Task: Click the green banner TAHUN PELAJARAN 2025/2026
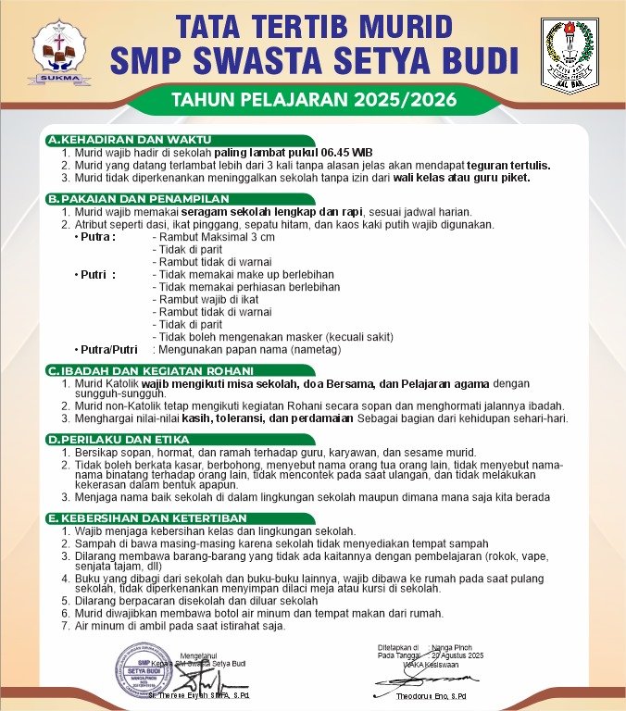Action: point(312,99)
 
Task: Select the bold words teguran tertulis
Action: point(507,166)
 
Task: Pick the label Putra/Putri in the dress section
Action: point(106,350)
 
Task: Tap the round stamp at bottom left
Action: point(144,668)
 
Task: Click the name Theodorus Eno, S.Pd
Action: point(431,695)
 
